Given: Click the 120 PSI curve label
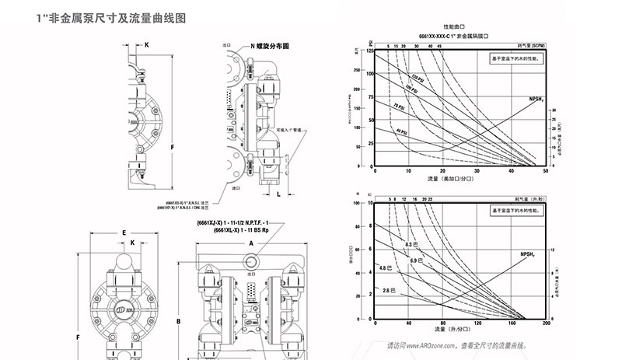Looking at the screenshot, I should coord(418,78).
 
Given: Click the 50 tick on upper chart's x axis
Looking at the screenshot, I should coord(544,171).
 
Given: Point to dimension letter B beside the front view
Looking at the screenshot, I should coord(178,320).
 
